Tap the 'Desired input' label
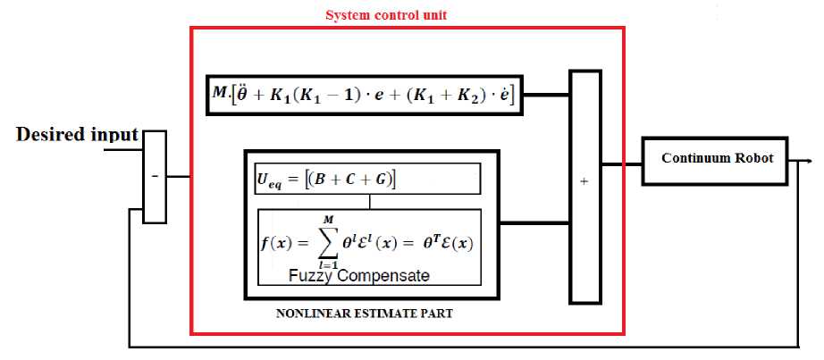point(78,136)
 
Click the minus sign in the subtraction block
point(155,178)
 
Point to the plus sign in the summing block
point(584,181)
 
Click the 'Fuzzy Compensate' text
point(358,276)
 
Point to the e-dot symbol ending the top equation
point(506,94)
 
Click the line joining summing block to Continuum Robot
point(622,164)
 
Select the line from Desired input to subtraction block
point(123,150)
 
